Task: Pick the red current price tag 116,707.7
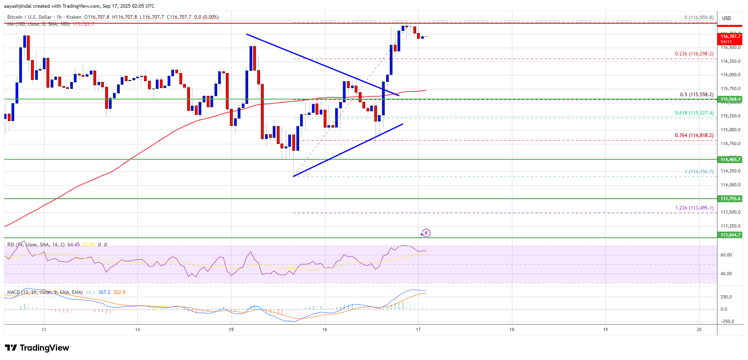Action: (730, 37)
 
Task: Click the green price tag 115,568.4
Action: (730, 99)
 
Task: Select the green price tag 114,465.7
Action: (730, 159)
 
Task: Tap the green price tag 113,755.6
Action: (730, 199)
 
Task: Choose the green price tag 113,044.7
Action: (730, 235)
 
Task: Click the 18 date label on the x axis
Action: (512, 329)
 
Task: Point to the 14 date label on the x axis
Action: (137, 329)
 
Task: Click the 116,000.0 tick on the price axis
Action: (730, 75)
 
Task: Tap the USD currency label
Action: (726, 18)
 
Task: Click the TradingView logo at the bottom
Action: (37, 348)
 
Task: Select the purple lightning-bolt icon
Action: (426, 233)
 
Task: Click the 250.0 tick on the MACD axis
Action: (727, 297)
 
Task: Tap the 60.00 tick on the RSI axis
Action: (726, 255)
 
